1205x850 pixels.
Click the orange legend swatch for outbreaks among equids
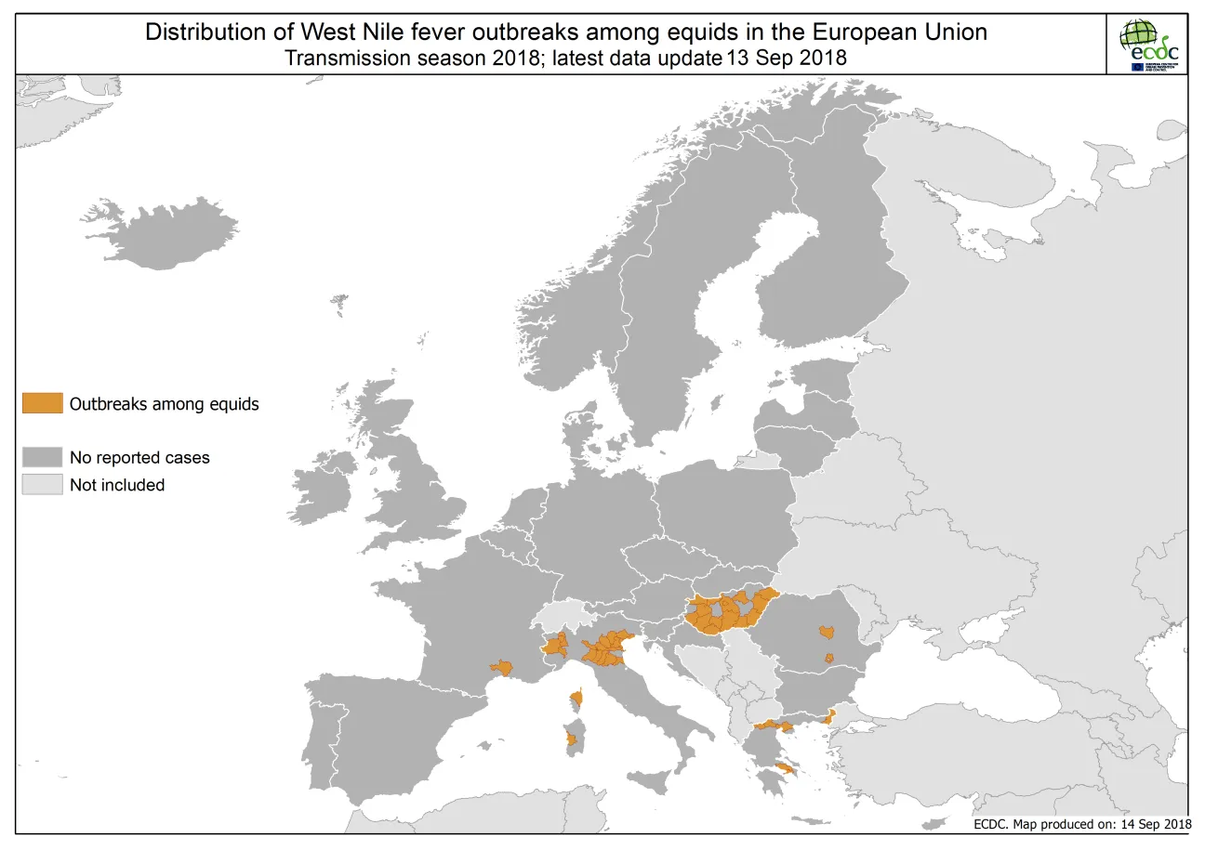coord(43,403)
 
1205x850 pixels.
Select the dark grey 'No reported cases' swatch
coord(43,457)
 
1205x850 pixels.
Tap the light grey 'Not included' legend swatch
coord(43,484)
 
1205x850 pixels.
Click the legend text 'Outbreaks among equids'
coord(164,404)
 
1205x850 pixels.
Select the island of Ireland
coord(321,488)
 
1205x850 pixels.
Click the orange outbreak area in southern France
coord(502,667)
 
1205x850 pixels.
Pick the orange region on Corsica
coord(577,697)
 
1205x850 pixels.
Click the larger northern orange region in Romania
coord(825,633)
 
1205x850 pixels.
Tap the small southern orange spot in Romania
coord(828,658)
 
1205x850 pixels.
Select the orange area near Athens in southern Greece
coord(786,767)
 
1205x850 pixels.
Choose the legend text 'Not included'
coord(117,485)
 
